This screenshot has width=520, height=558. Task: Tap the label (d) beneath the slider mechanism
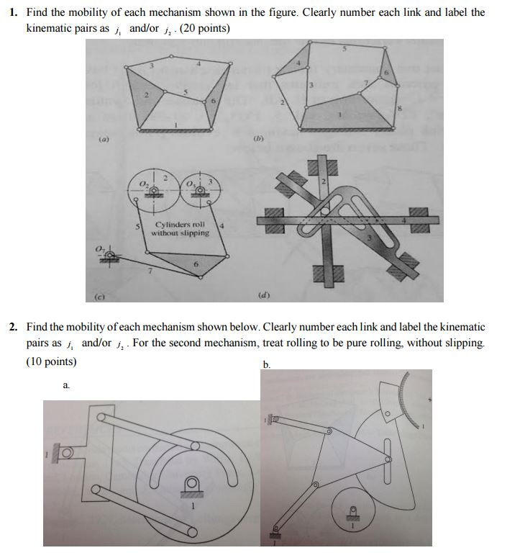tap(263, 294)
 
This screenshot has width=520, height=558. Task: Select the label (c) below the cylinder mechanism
tap(97, 294)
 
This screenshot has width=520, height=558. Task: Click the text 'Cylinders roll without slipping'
tap(181, 228)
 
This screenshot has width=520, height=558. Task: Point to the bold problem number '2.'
tap(14, 327)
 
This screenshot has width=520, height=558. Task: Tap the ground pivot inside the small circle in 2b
tap(354, 515)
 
